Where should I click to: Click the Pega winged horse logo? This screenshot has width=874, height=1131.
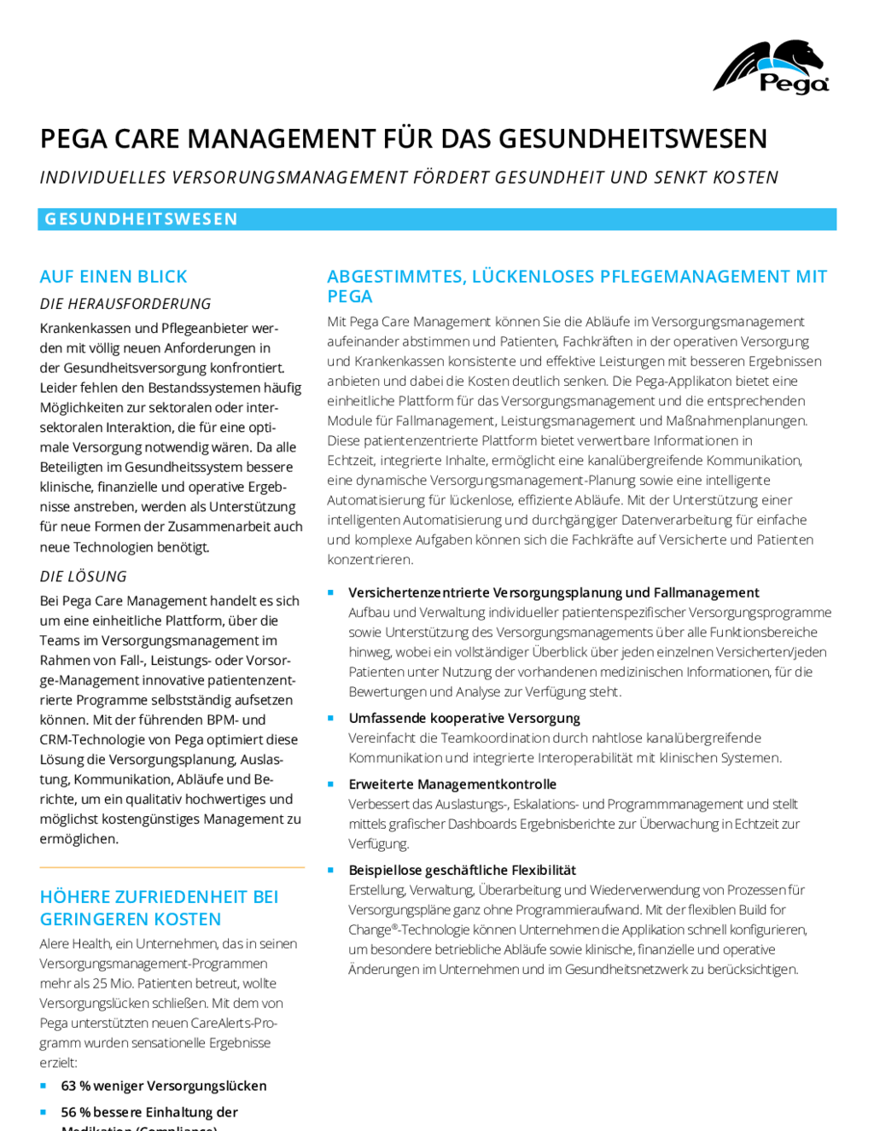[x=771, y=67]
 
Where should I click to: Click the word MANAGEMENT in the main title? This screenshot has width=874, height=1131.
[x=281, y=139]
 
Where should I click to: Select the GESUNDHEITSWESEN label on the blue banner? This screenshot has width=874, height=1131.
[x=141, y=219]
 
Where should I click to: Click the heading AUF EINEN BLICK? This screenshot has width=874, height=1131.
[x=114, y=277]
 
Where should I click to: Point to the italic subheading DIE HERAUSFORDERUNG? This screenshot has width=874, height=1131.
[x=125, y=303]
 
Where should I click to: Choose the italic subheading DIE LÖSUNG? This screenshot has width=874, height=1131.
[x=84, y=576]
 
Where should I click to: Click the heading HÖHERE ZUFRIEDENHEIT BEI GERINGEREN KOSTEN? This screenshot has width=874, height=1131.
[x=160, y=907]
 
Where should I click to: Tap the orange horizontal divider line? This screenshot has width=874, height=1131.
[x=172, y=867]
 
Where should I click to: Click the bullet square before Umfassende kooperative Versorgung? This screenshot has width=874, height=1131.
[x=330, y=718]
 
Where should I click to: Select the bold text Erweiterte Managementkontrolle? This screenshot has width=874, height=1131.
[x=452, y=784]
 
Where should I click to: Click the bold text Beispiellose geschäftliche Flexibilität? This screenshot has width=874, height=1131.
[x=463, y=871]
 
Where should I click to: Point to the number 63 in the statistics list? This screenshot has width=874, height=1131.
[x=68, y=1086]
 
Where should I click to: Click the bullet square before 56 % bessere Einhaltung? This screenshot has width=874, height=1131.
[x=44, y=1112]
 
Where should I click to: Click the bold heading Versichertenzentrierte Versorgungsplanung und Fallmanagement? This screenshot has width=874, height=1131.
[x=554, y=592]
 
